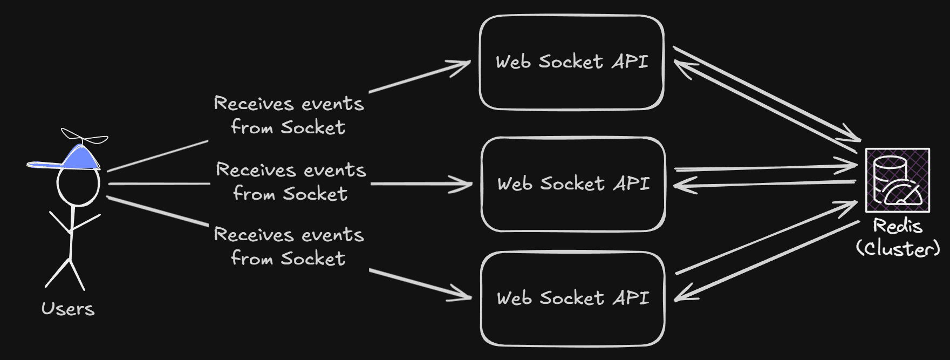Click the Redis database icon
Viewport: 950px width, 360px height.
click(898, 180)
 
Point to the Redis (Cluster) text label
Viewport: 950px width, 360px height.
click(898, 237)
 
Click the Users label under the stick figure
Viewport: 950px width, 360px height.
click(68, 309)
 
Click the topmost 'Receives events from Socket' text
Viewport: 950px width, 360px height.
click(289, 115)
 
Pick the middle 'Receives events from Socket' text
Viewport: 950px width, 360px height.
click(291, 182)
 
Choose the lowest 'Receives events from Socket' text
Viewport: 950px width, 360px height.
click(289, 247)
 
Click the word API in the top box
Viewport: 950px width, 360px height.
click(630, 62)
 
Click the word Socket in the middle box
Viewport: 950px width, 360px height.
click(572, 184)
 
